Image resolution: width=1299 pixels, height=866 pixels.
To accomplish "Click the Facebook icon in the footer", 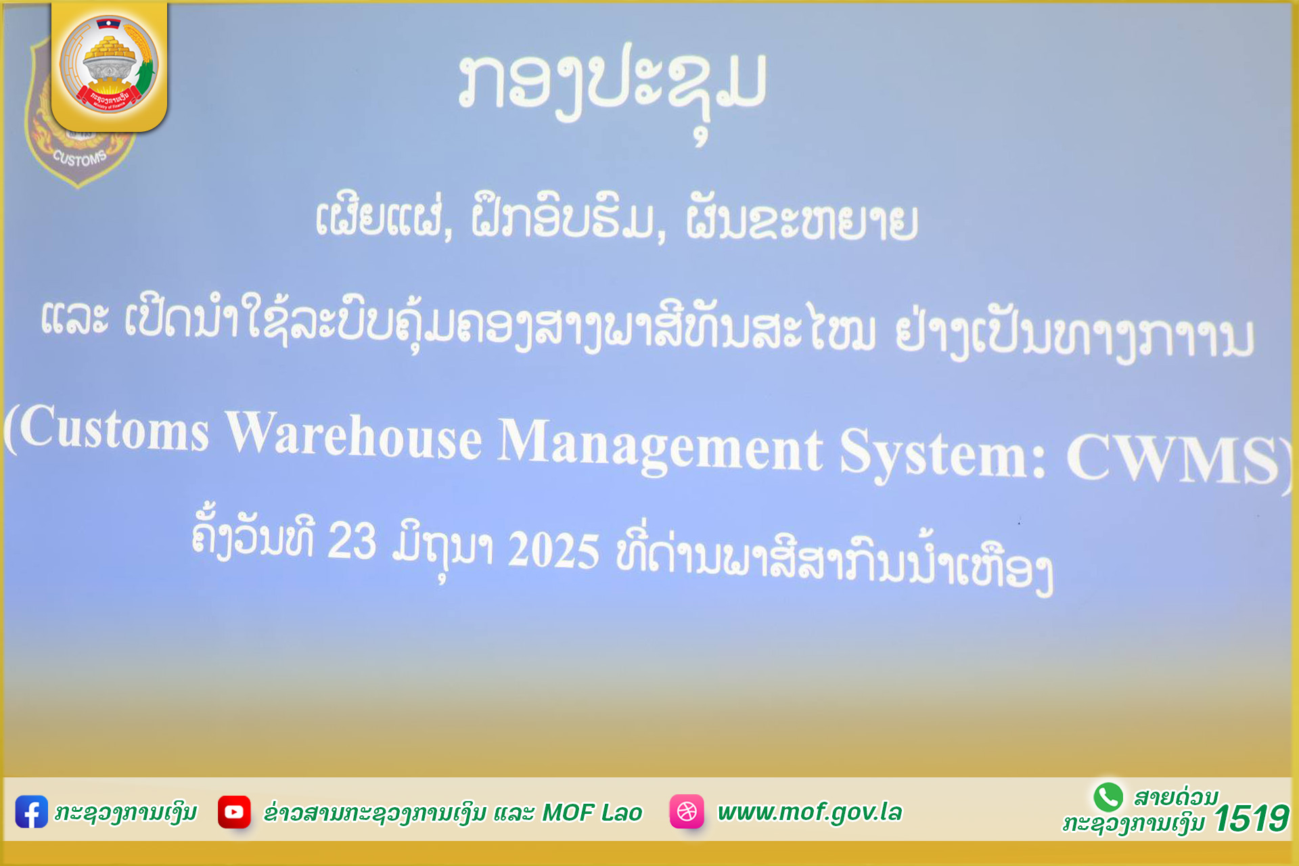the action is point(31,812).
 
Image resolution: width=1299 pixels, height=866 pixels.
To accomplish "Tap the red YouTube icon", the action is point(234,812).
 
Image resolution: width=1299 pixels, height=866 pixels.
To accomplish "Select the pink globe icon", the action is point(687,811).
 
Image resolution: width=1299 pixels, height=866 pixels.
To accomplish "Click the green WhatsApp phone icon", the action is point(1108,797).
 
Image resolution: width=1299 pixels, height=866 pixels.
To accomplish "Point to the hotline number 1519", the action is point(1251,819).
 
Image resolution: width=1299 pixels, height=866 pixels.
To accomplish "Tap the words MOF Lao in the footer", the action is point(592,813).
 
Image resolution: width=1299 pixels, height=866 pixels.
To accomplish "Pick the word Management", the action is point(660,445).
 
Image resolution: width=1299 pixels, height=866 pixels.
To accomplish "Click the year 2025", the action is point(553,549).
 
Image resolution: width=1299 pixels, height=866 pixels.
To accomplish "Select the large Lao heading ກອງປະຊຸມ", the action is point(612,88).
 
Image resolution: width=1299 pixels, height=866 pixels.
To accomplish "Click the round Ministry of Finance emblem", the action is point(109,64).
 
